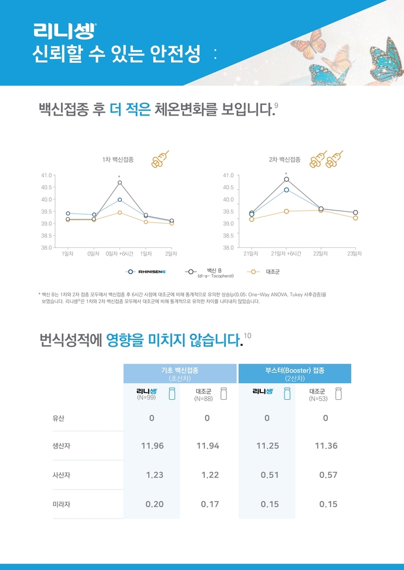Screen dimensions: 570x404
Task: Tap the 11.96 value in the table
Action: (x=152, y=446)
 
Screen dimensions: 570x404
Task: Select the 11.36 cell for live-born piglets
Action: (x=325, y=446)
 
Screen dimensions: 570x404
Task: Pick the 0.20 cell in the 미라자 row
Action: (x=154, y=504)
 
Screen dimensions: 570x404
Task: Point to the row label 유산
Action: (x=58, y=418)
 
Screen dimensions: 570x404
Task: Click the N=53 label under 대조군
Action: (x=318, y=399)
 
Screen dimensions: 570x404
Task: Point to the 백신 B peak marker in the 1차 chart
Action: (x=119, y=183)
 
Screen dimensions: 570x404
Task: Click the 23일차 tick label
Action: (x=355, y=253)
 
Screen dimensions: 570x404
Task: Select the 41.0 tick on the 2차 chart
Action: (x=228, y=176)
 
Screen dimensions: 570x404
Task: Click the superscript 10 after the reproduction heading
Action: (x=247, y=336)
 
